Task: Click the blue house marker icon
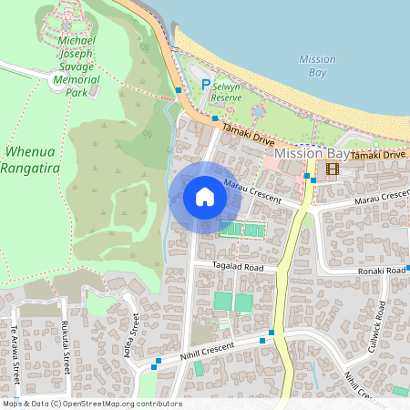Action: [205, 197]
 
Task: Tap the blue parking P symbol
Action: [206, 87]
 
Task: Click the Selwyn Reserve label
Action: [226, 90]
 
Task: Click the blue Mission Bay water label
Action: [317, 66]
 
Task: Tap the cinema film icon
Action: [332, 168]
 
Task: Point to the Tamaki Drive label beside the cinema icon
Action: [377, 155]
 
